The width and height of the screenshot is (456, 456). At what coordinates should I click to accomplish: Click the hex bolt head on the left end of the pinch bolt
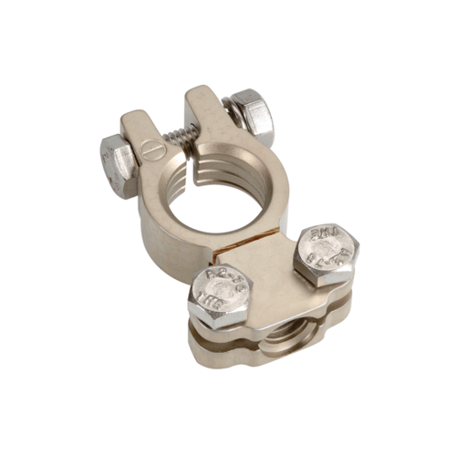(118, 165)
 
